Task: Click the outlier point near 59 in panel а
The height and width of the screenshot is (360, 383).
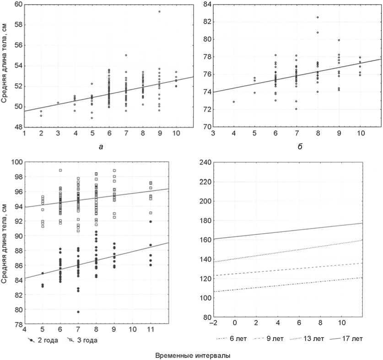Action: point(159,11)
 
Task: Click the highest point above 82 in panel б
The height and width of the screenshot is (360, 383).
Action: point(318,17)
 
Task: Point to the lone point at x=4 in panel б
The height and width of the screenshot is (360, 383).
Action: point(234,102)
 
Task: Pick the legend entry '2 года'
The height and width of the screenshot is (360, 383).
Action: point(42,340)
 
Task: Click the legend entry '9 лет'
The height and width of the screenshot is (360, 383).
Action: point(275,339)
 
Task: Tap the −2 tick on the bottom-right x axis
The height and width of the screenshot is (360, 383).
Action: point(213,323)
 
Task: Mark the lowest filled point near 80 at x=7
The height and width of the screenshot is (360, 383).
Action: point(78,312)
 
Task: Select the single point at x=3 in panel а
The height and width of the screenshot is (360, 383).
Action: point(58,102)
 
